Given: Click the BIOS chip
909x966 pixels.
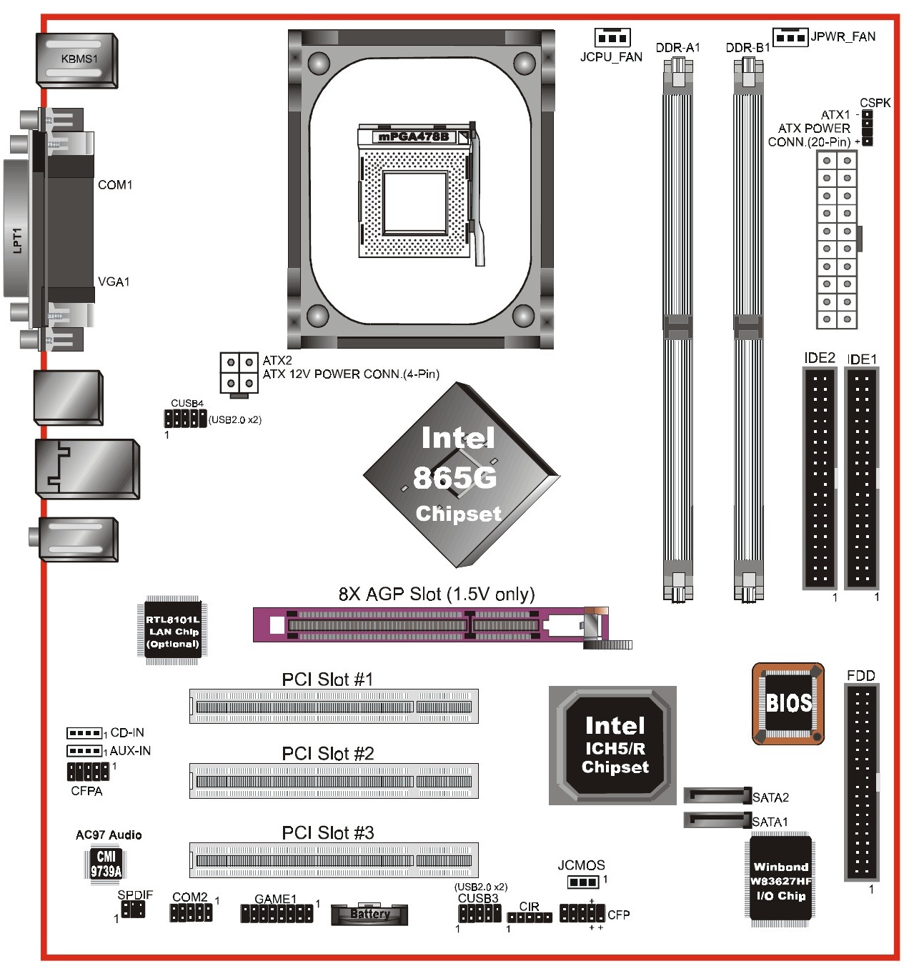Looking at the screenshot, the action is [788, 703].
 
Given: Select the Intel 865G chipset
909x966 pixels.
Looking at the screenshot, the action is [462, 475].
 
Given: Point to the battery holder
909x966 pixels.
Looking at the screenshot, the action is [369, 914].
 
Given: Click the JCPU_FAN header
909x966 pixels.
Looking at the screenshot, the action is [612, 37].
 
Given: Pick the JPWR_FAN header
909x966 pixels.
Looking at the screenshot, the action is [791, 37].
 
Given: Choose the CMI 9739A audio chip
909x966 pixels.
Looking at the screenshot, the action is [106, 864].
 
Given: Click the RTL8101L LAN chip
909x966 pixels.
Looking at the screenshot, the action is [173, 631].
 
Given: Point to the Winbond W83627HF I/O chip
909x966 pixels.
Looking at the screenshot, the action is [780, 882].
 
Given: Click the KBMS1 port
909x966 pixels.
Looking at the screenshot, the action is [77, 60].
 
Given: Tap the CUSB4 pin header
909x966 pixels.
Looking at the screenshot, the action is [185, 419].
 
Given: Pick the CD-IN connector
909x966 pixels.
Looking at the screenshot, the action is [84, 733].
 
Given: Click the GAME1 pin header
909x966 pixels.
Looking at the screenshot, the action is [277, 914].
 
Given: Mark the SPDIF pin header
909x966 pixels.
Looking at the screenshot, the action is [133, 909].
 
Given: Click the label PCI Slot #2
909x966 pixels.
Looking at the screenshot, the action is [328, 754].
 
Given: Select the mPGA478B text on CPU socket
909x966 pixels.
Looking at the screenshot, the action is [414, 136].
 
